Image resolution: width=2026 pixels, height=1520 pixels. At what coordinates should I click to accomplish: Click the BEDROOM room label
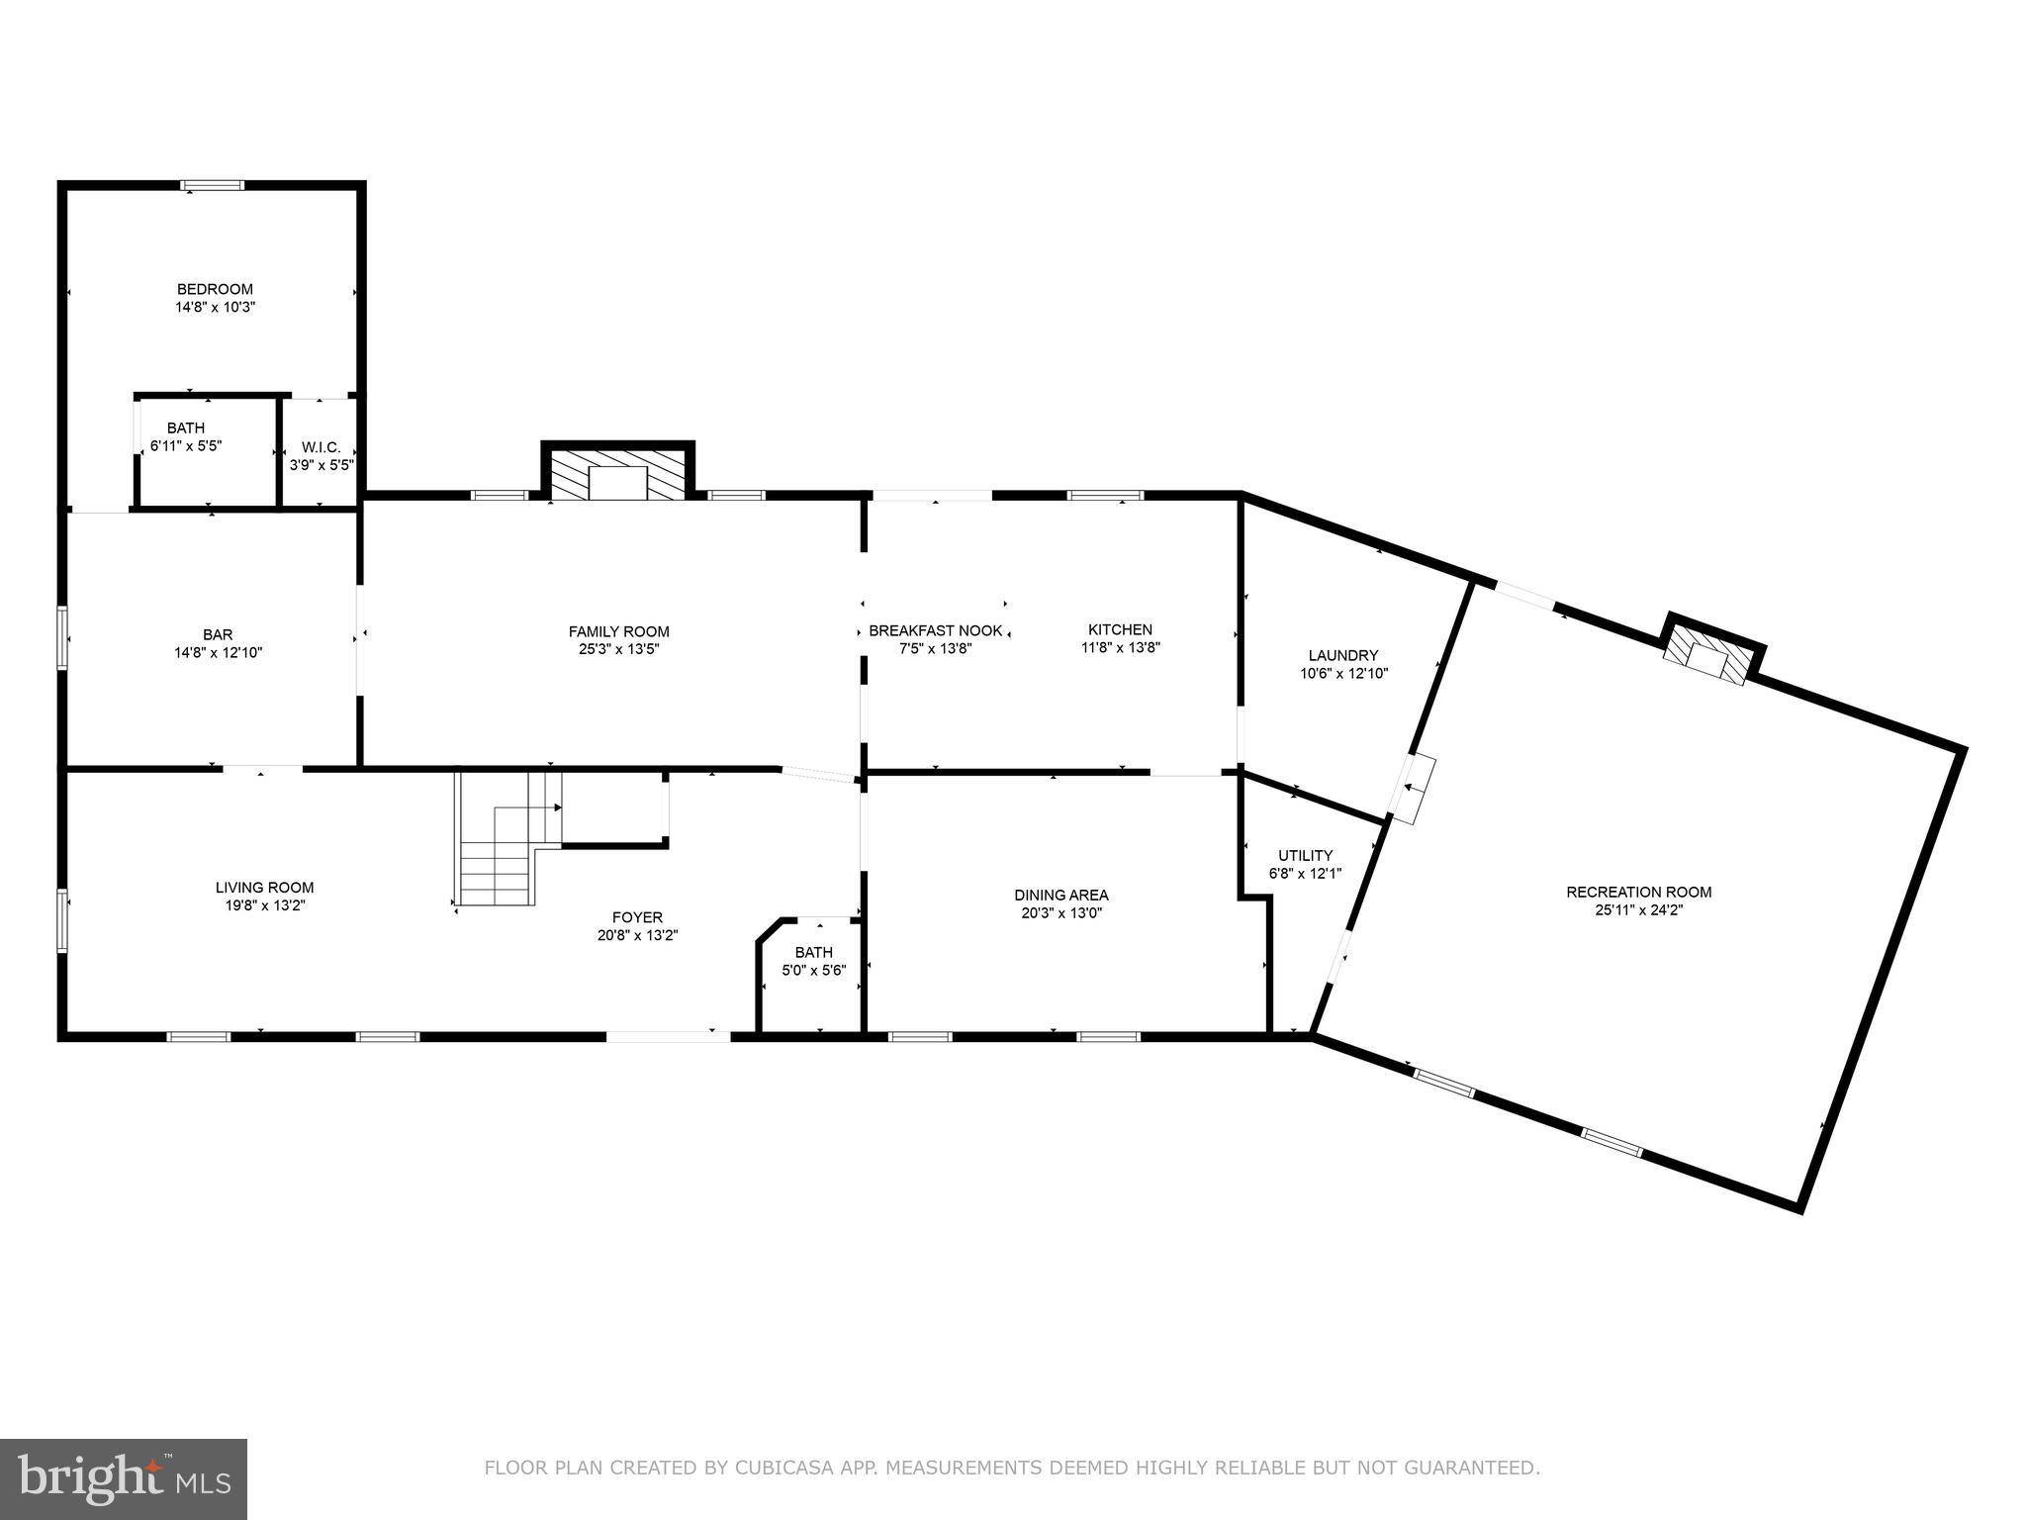click(x=215, y=289)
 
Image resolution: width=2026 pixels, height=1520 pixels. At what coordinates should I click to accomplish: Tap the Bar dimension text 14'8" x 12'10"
click(x=218, y=652)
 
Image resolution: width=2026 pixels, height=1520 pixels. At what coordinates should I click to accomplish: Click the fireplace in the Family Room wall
click(x=617, y=476)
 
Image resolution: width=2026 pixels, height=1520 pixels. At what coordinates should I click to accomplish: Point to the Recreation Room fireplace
click(x=1709, y=657)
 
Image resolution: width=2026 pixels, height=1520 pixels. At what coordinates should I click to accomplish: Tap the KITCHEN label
click(x=1120, y=629)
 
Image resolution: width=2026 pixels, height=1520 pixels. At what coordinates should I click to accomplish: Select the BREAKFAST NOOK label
click(x=935, y=630)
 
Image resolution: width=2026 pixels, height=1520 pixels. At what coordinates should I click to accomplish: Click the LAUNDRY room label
click(x=1342, y=655)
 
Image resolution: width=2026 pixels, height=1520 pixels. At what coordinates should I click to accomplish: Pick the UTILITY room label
click(x=1305, y=855)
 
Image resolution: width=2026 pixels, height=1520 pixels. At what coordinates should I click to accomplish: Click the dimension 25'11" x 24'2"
click(x=1638, y=909)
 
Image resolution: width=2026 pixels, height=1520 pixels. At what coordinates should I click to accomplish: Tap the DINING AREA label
click(x=1060, y=895)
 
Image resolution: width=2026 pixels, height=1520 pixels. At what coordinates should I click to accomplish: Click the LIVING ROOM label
click(x=264, y=888)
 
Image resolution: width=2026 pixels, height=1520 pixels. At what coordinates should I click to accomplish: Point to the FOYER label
click(x=637, y=917)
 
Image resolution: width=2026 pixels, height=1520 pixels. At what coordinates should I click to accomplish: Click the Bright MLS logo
click(x=124, y=1478)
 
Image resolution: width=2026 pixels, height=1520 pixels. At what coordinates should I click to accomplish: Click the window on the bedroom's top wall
click(x=212, y=184)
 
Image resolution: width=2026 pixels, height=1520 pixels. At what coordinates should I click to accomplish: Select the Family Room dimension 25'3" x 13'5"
click(x=618, y=649)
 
